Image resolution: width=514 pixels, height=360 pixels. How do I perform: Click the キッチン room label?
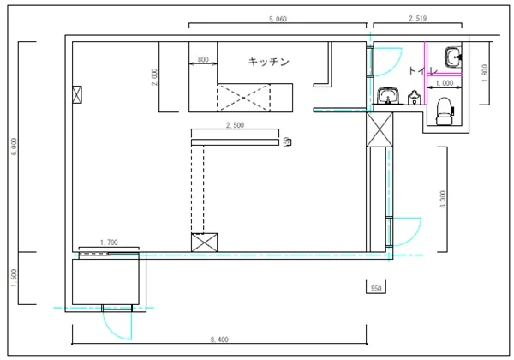click(268, 62)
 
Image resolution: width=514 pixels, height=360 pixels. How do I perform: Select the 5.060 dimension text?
click(278, 18)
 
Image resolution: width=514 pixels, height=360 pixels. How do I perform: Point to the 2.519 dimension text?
click(419, 18)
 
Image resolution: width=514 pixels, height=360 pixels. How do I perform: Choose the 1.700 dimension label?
click(109, 243)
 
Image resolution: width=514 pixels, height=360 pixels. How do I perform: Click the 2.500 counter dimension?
click(235, 125)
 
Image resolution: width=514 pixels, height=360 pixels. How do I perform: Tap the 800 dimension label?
click(202, 59)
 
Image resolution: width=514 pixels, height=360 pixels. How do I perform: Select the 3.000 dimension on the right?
click(442, 199)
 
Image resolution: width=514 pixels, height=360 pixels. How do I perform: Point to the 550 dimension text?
click(375, 289)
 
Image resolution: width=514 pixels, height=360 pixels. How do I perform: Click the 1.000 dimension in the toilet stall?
click(444, 84)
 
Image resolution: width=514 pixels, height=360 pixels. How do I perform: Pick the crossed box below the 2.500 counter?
click(204, 243)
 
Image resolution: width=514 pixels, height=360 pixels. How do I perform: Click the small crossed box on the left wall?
click(79, 94)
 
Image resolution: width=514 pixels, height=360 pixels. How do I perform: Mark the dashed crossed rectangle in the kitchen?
click(244, 96)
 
